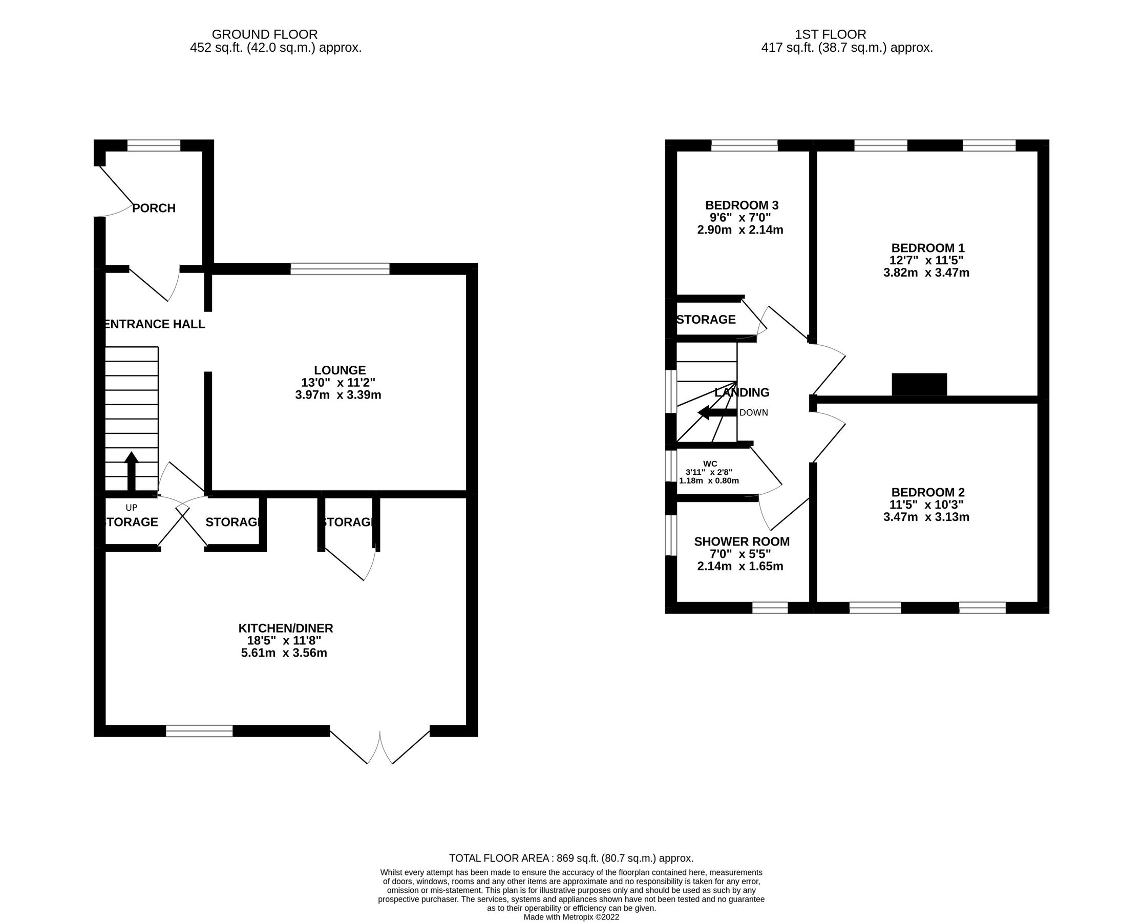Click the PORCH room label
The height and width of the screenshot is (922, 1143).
point(154,208)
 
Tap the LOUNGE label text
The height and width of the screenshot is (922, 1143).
point(340,370)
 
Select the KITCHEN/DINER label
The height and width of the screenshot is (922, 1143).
point(286,628)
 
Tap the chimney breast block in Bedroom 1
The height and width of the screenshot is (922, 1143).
point(919,385)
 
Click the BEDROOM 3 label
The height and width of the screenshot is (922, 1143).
point(741,205)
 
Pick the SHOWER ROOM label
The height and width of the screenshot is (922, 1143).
point(741,542)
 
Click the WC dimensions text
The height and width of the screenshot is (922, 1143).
point(709,476)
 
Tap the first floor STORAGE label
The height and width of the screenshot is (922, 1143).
point(706,320)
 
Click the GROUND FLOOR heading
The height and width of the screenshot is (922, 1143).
point(264,34)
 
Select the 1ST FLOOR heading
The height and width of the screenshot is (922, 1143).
point(830,34)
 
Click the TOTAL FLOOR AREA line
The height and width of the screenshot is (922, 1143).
point(570,858)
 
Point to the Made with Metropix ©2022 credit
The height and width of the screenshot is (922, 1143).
point(570,917)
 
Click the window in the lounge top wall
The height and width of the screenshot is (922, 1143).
point(340,269)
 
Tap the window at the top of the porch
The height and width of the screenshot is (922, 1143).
point(154,145)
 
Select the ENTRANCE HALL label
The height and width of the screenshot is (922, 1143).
point(154,324)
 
